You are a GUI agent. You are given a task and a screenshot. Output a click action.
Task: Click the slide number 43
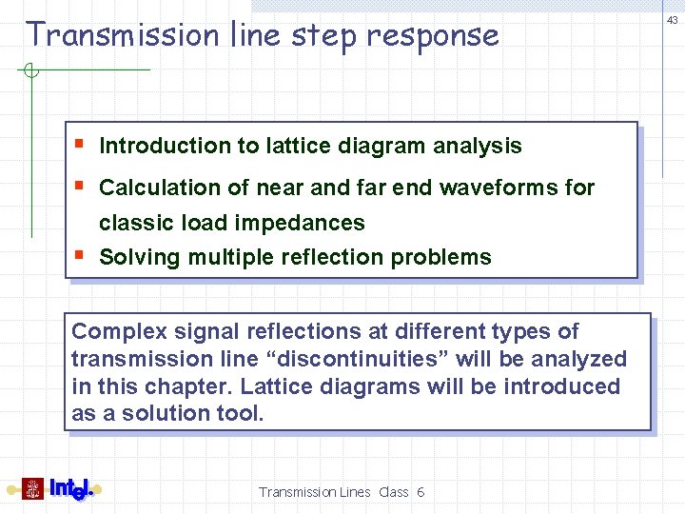coord(673,20)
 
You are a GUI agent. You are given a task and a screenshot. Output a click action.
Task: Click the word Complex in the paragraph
coord(115,331)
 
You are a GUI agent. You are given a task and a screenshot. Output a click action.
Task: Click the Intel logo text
coord(71,489)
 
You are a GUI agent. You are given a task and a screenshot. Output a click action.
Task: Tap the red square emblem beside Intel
coord(32,489)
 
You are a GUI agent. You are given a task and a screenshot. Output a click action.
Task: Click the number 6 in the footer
coord(420,492)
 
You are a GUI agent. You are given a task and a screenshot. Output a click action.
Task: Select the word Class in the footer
coord(393,492)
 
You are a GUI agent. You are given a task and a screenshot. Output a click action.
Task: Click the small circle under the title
coord(30,69)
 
